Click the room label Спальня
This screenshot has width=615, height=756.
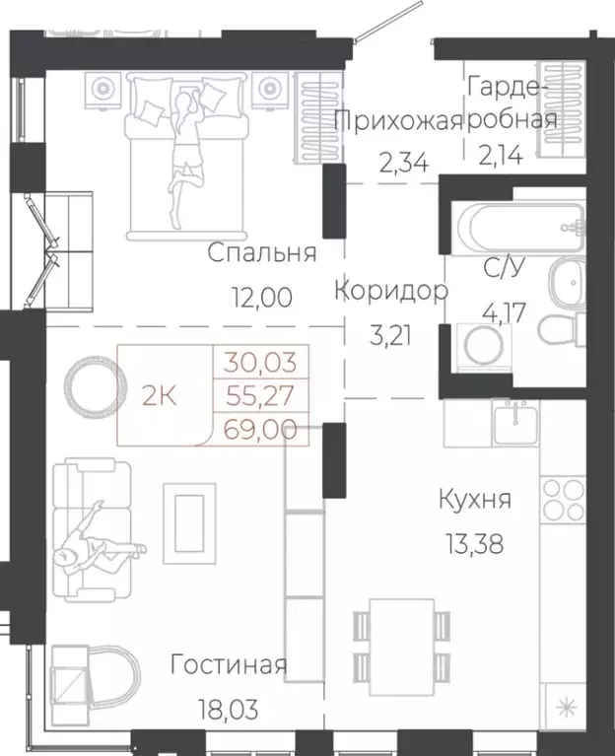click(x=261, y=253)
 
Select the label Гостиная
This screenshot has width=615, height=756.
click(x=228, y=665)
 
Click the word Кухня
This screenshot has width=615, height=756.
click(x=475, y=500)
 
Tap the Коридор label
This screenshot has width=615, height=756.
click(x=391, y=291)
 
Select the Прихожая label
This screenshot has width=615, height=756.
click(x=398, y=121)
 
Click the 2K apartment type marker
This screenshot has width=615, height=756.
click(x=160, y=397)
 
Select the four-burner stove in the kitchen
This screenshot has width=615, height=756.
click(x=564, y=500)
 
